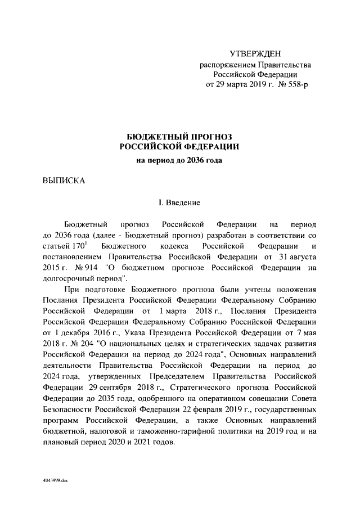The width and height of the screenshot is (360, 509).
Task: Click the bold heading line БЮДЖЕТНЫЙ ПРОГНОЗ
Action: coord(180,136)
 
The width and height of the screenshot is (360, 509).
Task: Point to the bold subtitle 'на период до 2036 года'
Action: coord(180,160)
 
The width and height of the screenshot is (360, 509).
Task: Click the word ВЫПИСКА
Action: coord(64,181)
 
